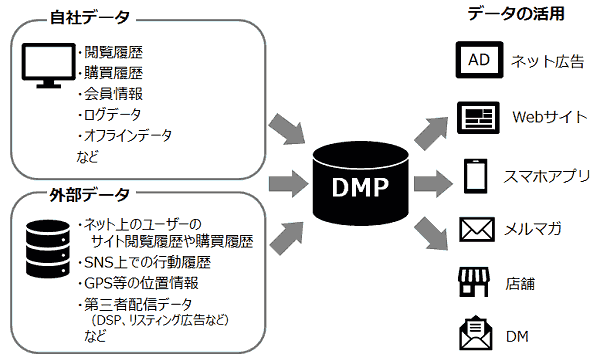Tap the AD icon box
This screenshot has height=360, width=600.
pos(477,60)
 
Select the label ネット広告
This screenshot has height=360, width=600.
pos(547,61)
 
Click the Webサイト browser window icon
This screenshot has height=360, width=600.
pos(477,117)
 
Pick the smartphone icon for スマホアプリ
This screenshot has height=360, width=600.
pos(477,177)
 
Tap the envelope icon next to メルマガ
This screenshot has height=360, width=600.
pos(477,230)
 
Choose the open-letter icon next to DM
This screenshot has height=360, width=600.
pos(477,331)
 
